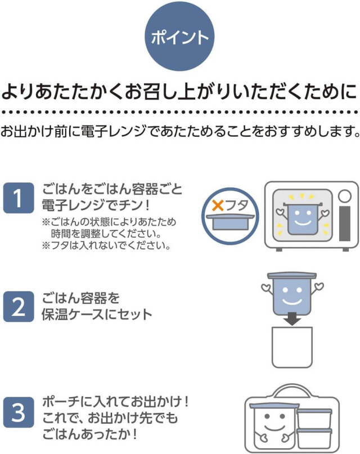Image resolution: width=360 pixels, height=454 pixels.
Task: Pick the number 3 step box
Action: click(19, 413)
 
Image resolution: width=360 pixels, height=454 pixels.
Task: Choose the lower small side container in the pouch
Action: click(314, 438)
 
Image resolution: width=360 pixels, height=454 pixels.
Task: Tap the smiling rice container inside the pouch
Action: click(272, 425)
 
